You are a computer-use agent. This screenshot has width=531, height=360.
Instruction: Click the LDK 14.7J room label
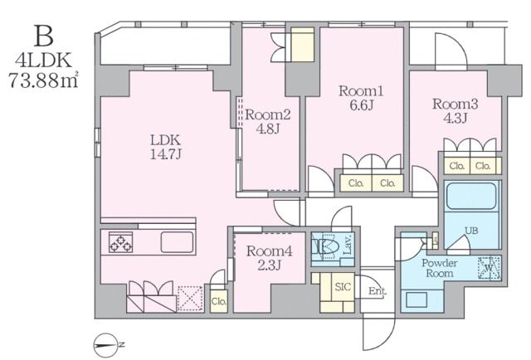point(166,147)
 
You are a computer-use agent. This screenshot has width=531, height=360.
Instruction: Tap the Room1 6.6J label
point(361,98)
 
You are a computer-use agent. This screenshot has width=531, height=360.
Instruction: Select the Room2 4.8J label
point(267,121)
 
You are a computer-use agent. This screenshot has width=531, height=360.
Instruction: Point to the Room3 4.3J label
point(455,111)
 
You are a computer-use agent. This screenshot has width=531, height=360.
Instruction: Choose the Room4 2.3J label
point(269,258)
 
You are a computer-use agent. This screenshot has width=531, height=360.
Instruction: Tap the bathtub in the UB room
point(471,196)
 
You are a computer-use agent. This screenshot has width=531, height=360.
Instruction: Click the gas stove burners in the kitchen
point(120,242)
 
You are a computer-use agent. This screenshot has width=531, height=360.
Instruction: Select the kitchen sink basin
point(177,242)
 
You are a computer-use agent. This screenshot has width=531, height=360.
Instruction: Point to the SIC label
point(343,287)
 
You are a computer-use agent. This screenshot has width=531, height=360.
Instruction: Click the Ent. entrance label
point(378,291)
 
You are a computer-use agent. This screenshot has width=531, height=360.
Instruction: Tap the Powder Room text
point(440,268)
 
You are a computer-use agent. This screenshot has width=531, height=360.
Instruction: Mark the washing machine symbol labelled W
point(489,268)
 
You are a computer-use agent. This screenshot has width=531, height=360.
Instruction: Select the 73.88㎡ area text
point(43,81)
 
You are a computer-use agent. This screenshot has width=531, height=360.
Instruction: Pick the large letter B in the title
point(44,36)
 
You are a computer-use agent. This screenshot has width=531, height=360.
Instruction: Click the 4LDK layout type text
point(44,61)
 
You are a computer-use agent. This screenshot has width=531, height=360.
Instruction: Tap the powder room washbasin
point(417,299)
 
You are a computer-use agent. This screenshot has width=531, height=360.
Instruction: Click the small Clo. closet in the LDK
point(219,301)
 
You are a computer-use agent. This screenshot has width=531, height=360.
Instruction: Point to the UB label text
point(471,231)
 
